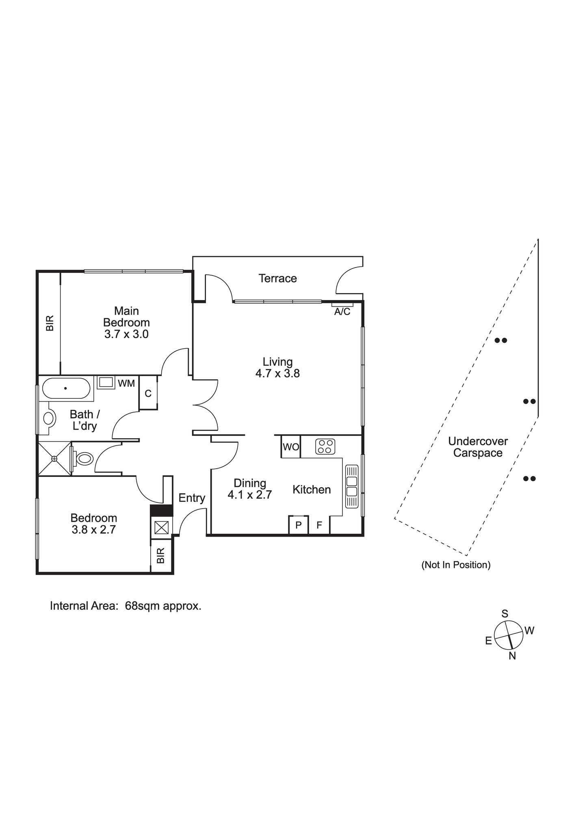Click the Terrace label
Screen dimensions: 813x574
click(277, 278)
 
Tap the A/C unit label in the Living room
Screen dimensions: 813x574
click(342, 312)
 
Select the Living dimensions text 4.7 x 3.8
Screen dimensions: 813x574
click(277, 374)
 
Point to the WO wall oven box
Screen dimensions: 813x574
click(291, 447)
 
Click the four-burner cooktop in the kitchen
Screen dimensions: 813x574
click(325, 446)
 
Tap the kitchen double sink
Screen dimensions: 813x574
click(352, 486)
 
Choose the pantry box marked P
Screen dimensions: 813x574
click(299, 525)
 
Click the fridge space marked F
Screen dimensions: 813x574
click(319, 525)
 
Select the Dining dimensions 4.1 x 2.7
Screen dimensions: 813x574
click(249, 495)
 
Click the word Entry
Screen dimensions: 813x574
click(192, 498)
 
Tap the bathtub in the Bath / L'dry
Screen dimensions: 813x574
click(66, 388)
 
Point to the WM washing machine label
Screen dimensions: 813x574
click(126, 383)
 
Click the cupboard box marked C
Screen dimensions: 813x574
click(148, 393)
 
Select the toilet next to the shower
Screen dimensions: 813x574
click(84, 459)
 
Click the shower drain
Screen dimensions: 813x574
click(54, 458)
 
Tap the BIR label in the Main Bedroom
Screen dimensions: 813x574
click(50, 324)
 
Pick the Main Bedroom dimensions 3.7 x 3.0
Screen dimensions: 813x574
click(126, 335)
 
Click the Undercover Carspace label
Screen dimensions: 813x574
click(478, 447)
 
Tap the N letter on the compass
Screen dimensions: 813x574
click(512, 656)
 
